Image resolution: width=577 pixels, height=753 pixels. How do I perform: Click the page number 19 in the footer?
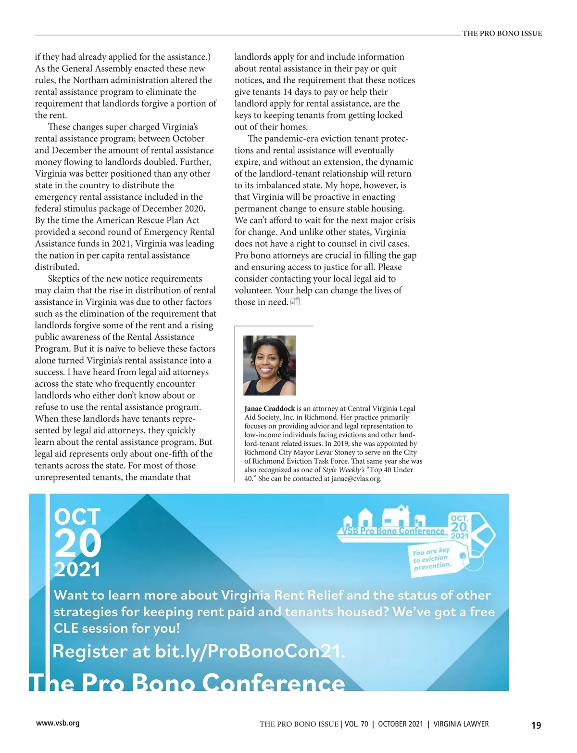(x=536, y=725)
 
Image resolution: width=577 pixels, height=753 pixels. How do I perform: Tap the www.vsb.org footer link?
(x=58, y=723)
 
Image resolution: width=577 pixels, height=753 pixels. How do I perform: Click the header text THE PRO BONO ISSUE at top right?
(x=502, y=33)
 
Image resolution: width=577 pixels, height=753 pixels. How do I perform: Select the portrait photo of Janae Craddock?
(x=269, y=365)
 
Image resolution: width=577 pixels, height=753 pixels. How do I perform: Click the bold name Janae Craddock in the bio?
(x=269, y=409)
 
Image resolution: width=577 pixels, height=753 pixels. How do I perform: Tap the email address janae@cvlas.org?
(x=356, y=479)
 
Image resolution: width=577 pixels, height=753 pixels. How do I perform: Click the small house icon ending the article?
(x=295, y=302)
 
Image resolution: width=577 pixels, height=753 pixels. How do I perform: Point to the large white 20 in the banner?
(x=78, y=544)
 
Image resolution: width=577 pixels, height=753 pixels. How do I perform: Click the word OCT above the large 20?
(x=77, y=517)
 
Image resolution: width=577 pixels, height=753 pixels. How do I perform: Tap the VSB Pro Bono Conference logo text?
(x=393, y=531)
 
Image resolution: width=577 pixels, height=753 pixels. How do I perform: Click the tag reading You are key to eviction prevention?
(x=432, y=558)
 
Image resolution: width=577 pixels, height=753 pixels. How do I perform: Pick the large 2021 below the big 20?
(x=77, y=570)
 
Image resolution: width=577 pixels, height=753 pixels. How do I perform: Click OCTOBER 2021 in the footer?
(x=401, y=724)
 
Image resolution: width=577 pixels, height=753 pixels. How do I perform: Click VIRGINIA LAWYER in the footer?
(x=461, y=724)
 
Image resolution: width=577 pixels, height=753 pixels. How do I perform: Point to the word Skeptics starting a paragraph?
(x=65, y=279)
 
